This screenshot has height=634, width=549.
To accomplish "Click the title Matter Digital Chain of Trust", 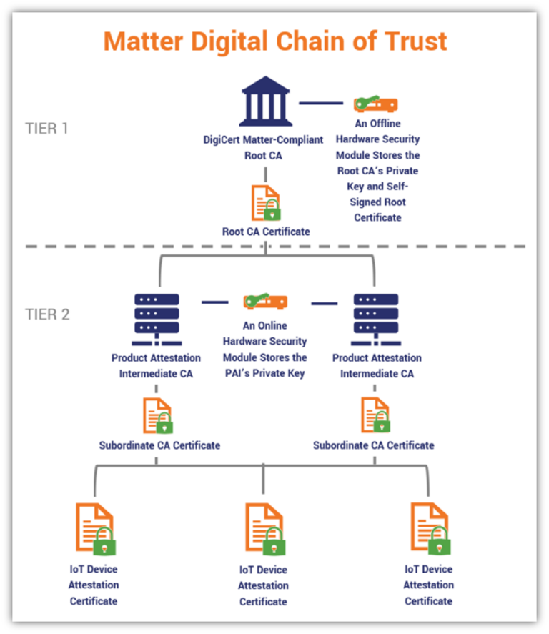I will click(275, 41).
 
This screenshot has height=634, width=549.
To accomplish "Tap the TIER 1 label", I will click(47, 129).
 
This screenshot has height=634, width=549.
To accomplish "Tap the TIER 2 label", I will click(47, 314).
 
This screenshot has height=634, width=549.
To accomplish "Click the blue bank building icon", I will click(265, 102).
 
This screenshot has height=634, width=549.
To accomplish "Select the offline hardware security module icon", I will click(376, 104).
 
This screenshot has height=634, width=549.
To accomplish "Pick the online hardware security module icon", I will click(264, 302).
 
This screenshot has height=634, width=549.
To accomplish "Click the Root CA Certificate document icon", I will click(265, 203).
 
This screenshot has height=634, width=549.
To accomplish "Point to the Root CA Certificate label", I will click(265, 232).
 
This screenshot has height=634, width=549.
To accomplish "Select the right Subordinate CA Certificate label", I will click(373, 445).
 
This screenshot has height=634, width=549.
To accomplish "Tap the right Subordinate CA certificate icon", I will click(375, 415).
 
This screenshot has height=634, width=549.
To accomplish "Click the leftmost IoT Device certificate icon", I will click(95, 529).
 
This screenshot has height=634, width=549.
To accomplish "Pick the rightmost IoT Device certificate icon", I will click(429, 529).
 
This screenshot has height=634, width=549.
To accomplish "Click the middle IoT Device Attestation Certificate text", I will click(264, 585).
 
